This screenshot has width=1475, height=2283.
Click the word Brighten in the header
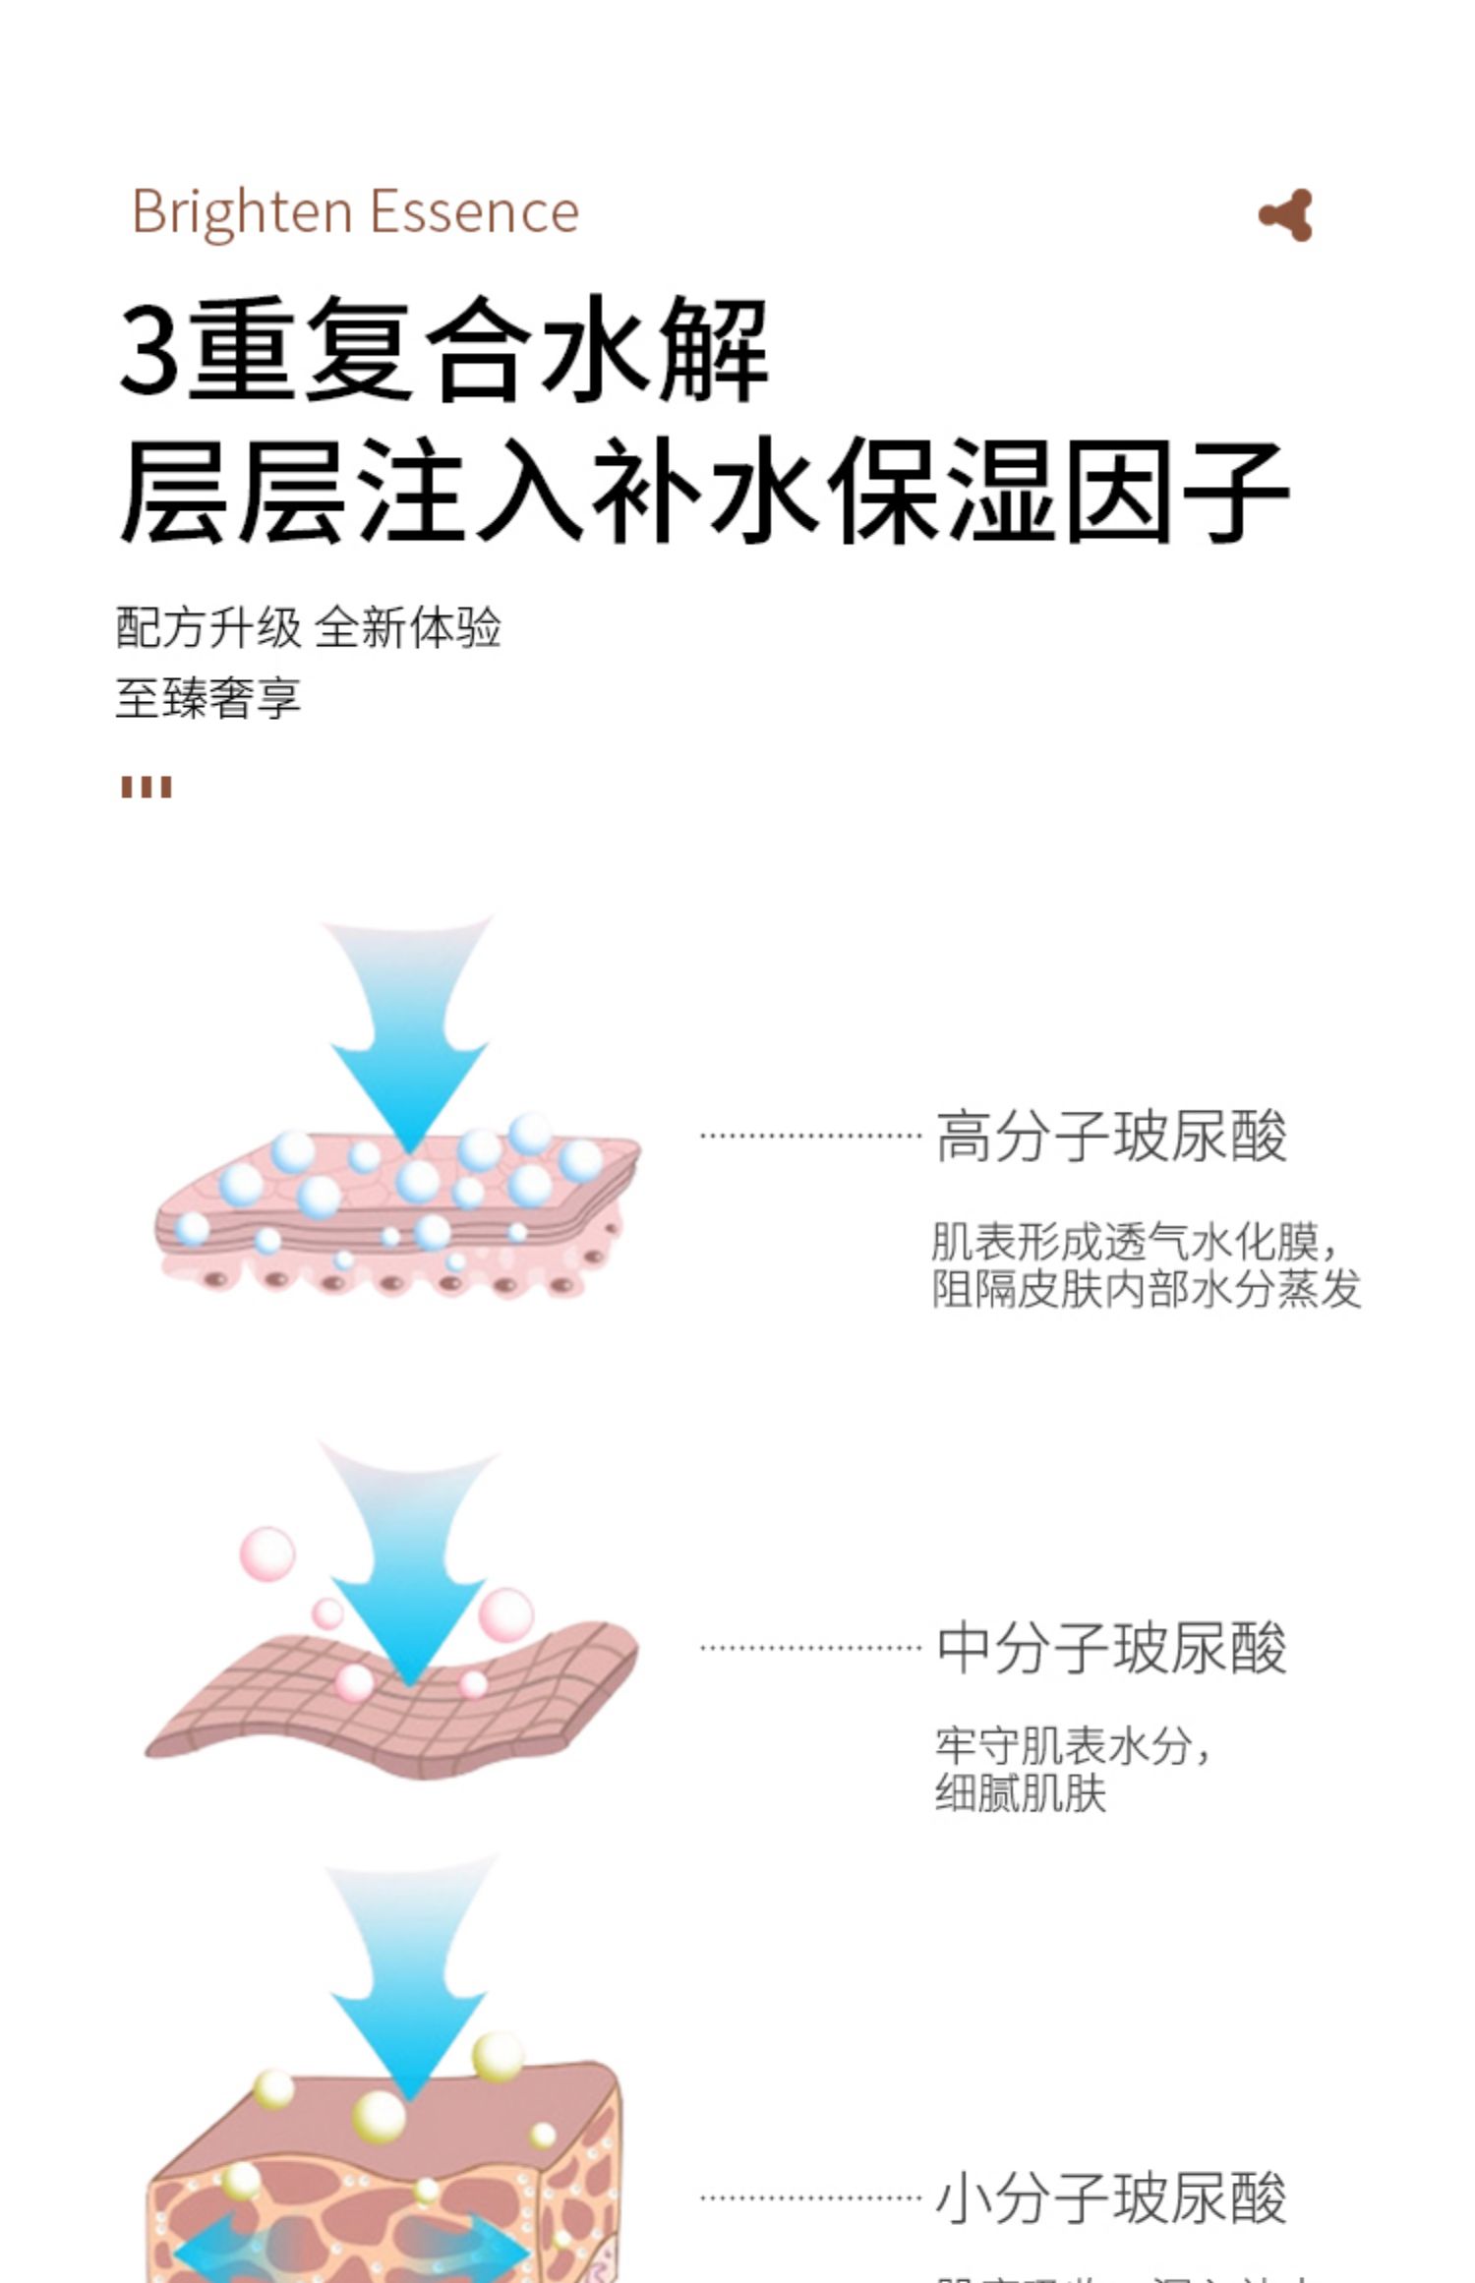[x=242, y=211]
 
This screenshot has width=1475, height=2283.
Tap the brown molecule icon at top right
[x=1286, y=215]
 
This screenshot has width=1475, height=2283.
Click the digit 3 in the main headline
[x=149, y=350]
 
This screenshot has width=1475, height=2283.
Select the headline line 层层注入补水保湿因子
[x=702, y=492]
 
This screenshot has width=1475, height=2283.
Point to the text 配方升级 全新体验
[x=308, y=627]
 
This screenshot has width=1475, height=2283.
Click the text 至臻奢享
[x=207, y=698]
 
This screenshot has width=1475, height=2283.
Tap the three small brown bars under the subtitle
[x=147, y=787]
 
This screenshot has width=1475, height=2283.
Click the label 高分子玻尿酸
[x=1110, y=1137]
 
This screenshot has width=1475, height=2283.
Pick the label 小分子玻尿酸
[x=1110, y=2198]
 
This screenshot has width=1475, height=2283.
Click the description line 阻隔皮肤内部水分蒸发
[x=1147, y=1289]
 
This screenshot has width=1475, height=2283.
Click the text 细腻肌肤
[x=1021, y=1792]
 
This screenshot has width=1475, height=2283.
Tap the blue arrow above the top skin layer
[x=408, y=1032]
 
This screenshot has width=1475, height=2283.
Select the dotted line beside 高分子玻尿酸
[x=810, y=1136]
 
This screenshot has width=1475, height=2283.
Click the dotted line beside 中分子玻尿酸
[x=810, y=1648]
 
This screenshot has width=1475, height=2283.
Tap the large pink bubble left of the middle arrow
[x=267, y=1554]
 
